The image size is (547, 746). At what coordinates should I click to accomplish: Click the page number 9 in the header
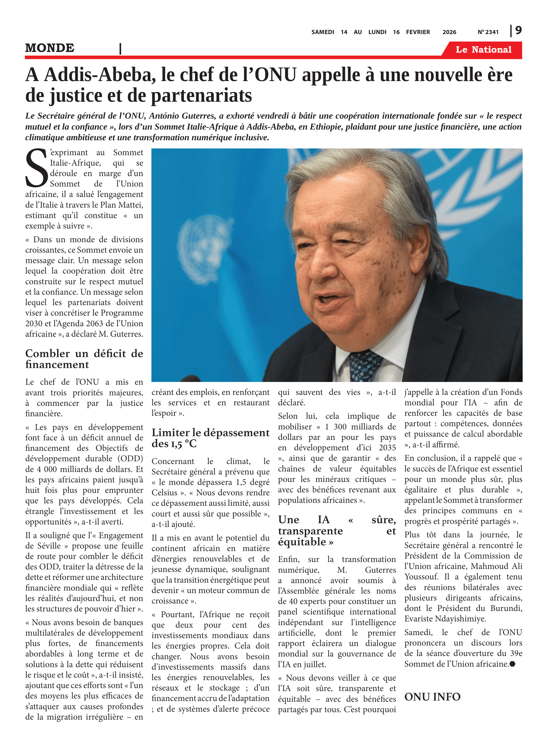(x=518, y=31)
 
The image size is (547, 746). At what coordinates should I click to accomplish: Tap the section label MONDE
(x=50, y=48)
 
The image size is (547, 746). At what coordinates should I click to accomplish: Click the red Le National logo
(x=483, y=50)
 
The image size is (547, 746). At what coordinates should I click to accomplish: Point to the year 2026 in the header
(x=449, y=32)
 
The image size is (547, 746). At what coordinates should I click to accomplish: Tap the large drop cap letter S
(x=36, y=168)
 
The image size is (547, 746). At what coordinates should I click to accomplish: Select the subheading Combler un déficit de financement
(x=84, y=359)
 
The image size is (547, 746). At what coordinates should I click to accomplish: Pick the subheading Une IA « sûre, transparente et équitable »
(x=336, y=531)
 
